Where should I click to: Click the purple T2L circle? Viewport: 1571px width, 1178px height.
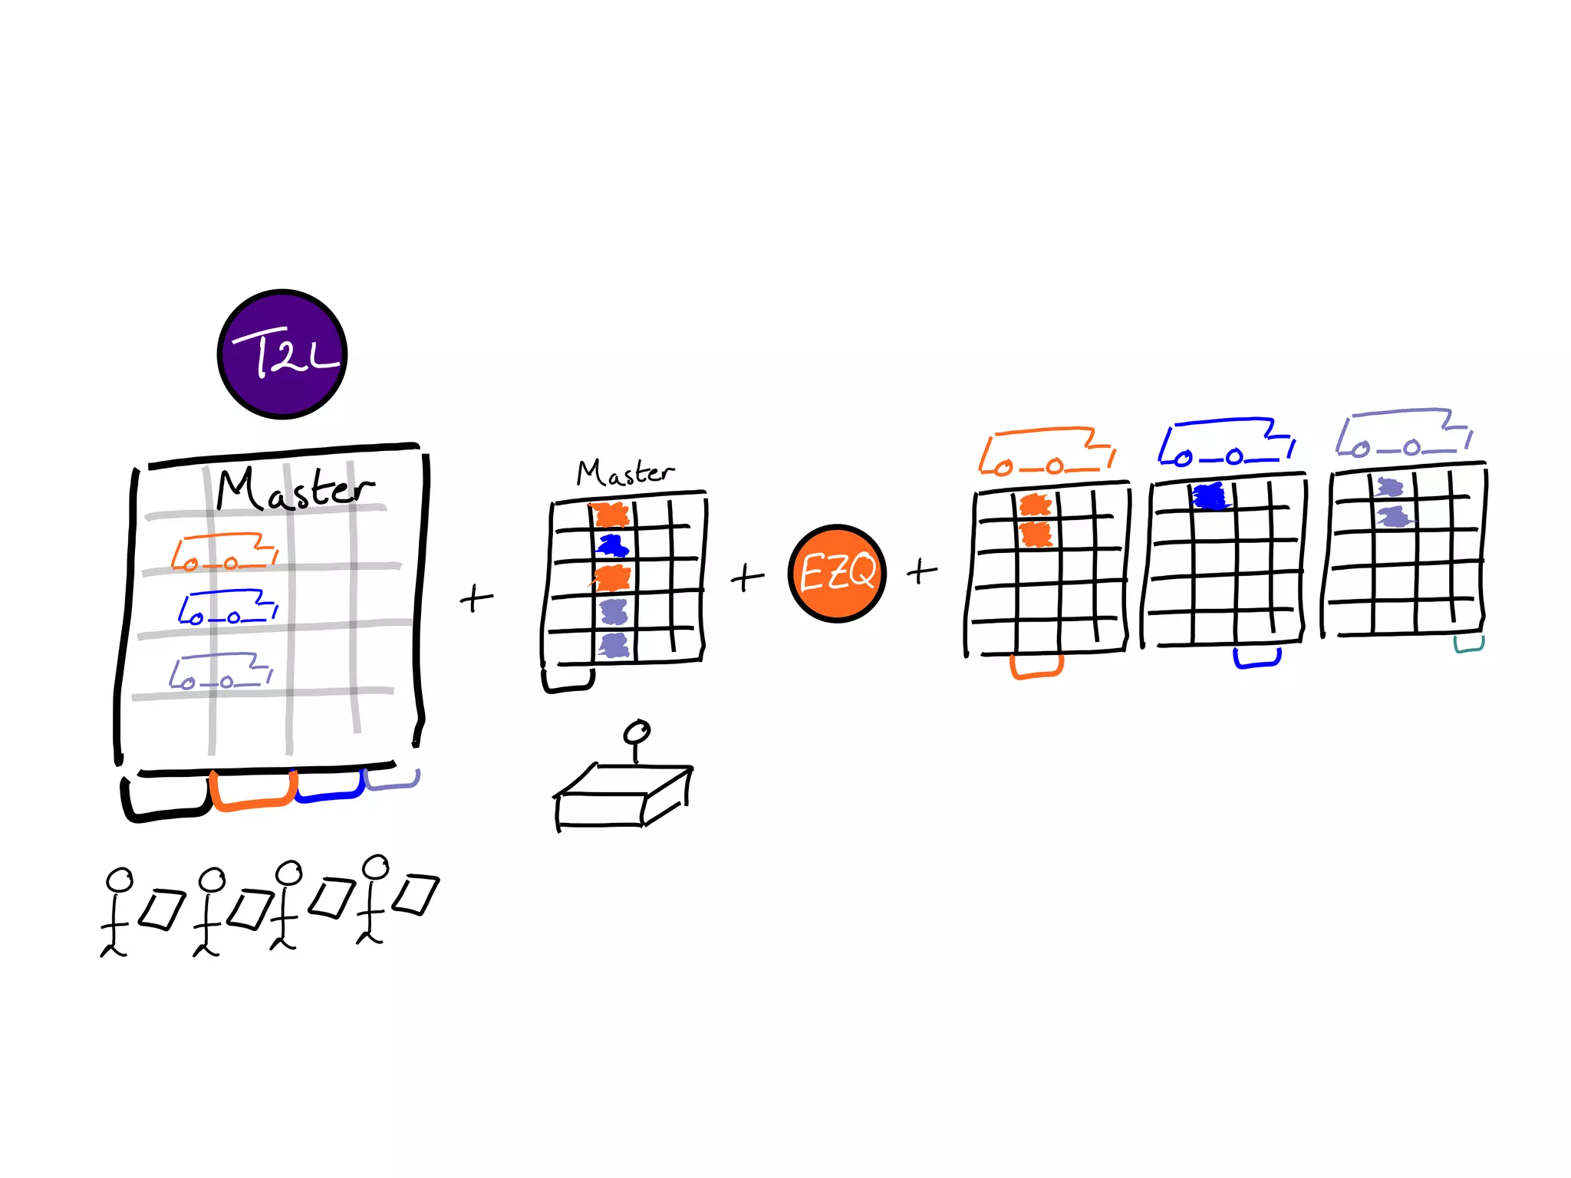(282, 354)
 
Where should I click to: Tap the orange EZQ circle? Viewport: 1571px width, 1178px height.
(837, 573)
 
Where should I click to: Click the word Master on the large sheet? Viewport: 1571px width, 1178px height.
(295, 489)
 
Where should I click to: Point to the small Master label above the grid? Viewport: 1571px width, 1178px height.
(625, 472)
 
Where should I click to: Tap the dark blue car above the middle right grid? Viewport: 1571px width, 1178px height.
(1227, 443)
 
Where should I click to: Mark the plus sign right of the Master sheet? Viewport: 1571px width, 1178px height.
(476, 598)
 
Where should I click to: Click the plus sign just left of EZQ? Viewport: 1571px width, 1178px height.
(747, 577)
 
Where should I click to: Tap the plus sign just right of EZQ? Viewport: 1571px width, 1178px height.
(922, 571)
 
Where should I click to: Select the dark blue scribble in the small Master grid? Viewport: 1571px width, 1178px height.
(613, 546)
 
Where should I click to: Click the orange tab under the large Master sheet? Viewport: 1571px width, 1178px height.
(253, 794)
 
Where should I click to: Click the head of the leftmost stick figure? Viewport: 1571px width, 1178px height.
(120, 880)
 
